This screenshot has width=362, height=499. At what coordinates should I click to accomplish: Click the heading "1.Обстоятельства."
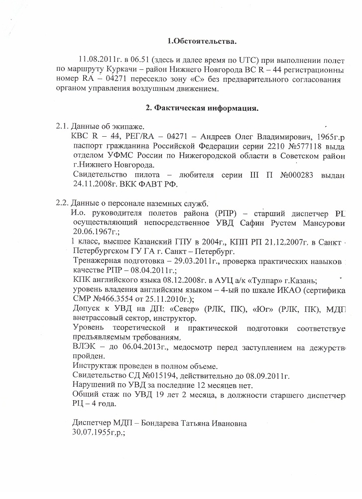(x=201, y=40)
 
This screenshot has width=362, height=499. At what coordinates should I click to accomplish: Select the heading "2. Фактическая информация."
(x=201, y=108)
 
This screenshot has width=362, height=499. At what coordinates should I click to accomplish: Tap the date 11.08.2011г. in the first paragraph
(x=96, y=59)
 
